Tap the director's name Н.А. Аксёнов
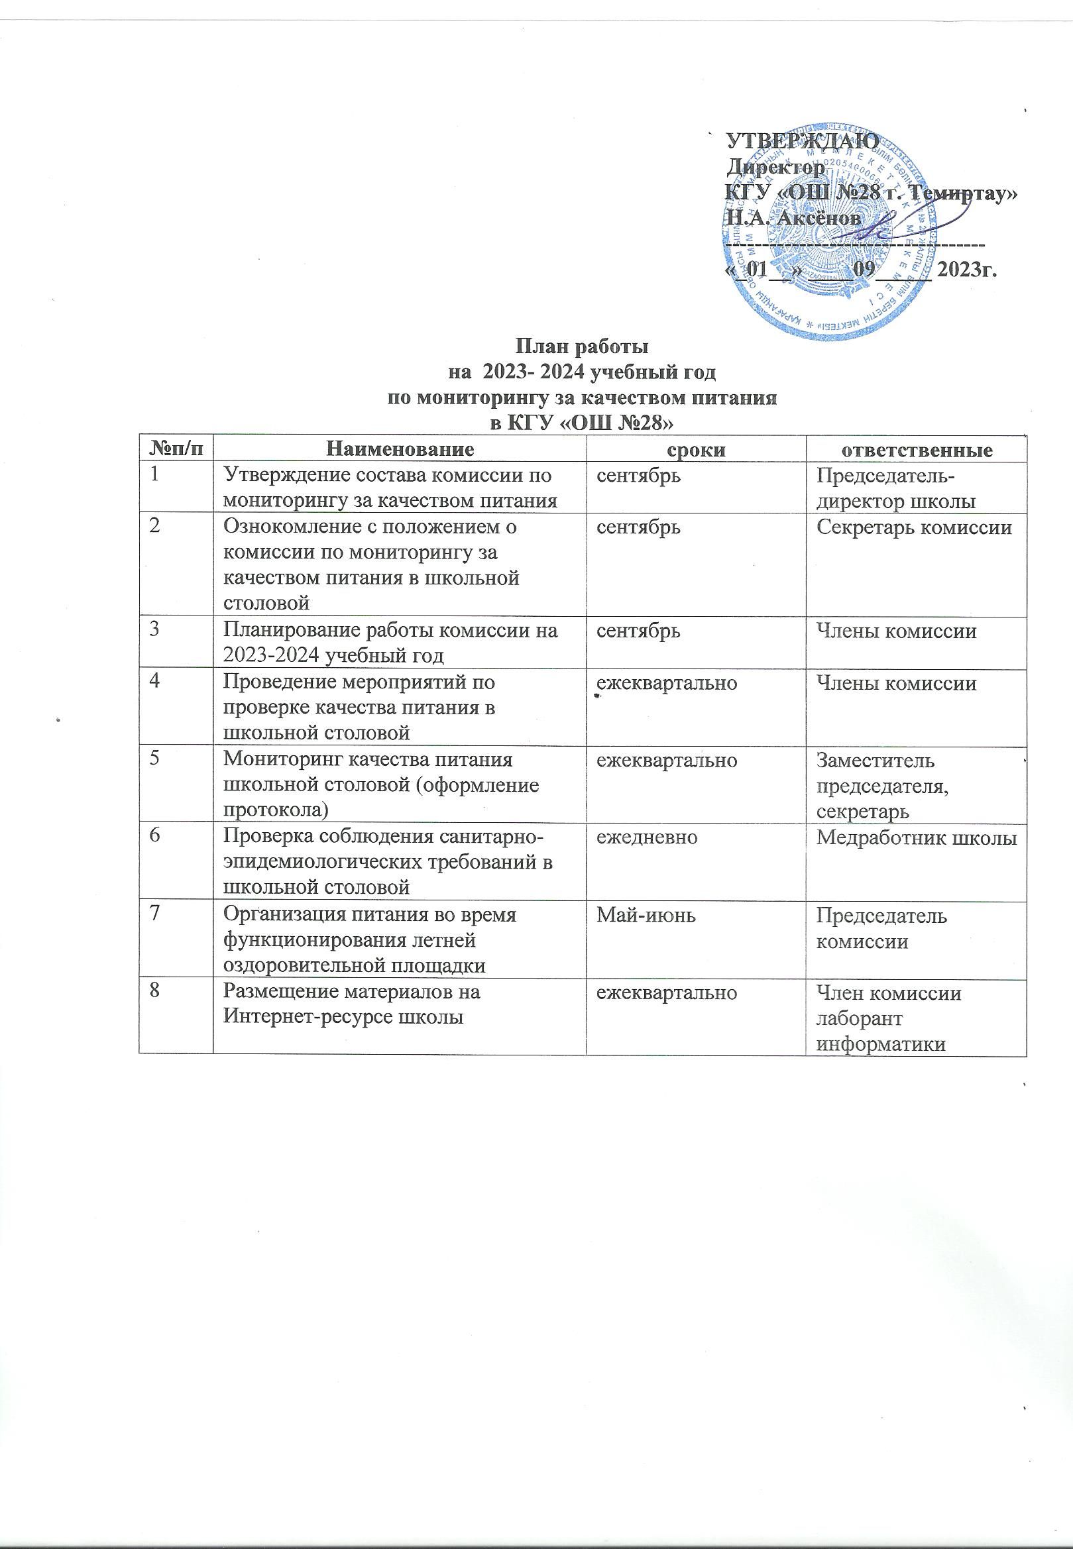coord(794,219)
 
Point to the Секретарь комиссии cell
coord(914,527)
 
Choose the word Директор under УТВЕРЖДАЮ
coord(777,167)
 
